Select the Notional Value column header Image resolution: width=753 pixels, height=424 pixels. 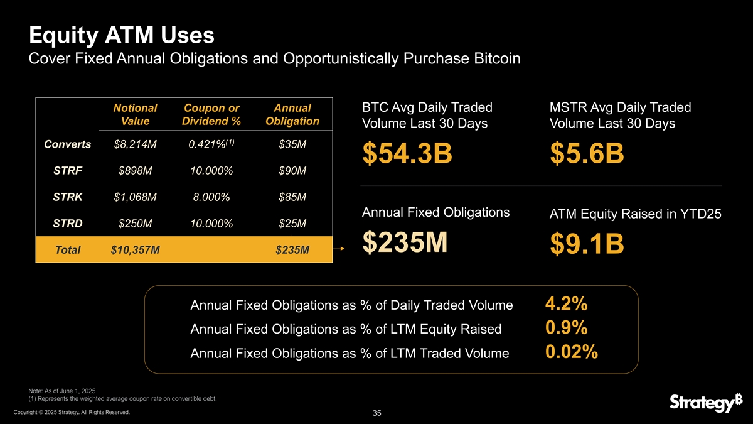134,114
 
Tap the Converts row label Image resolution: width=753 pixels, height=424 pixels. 68,145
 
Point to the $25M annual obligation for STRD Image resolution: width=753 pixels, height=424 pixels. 292,224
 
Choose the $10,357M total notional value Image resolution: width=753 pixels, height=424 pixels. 135,250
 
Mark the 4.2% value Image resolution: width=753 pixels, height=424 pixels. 566,304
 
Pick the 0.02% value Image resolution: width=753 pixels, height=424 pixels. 571,352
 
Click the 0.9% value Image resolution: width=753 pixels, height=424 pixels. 566,328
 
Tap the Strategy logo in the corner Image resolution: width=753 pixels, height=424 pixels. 701,403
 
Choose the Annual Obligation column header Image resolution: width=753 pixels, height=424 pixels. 292,114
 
